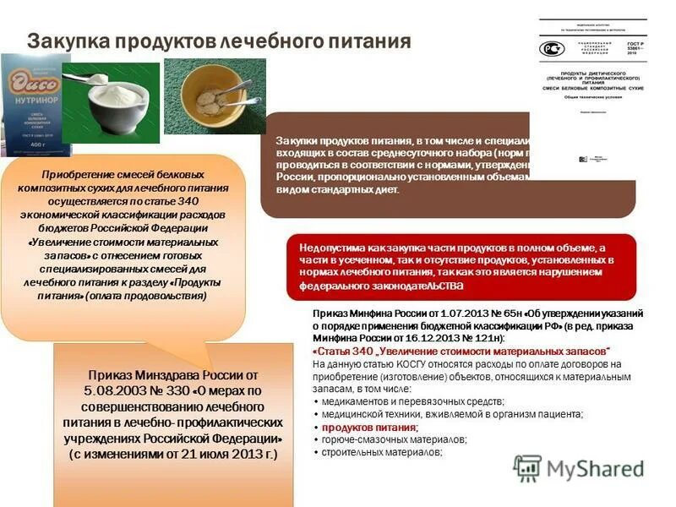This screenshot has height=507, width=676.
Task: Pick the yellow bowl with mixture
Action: [214, 97]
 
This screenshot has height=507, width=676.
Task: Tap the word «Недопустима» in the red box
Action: [336, 247]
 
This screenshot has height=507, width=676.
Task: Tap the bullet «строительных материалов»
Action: [381, 453]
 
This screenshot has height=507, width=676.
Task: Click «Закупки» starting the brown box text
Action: [293, 139]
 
